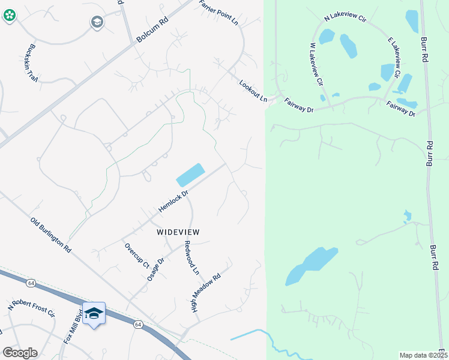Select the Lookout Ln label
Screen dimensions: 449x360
253,91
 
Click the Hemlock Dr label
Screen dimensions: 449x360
173,200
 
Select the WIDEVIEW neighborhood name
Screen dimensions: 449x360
178,232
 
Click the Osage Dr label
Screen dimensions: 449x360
155,269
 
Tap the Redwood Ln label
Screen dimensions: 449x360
191,257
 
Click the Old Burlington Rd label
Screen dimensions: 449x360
51,234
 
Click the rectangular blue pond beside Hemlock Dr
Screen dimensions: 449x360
190,175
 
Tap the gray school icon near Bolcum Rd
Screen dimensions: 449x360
96,23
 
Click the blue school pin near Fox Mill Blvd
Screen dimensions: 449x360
94,314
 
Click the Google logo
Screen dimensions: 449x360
20,352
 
